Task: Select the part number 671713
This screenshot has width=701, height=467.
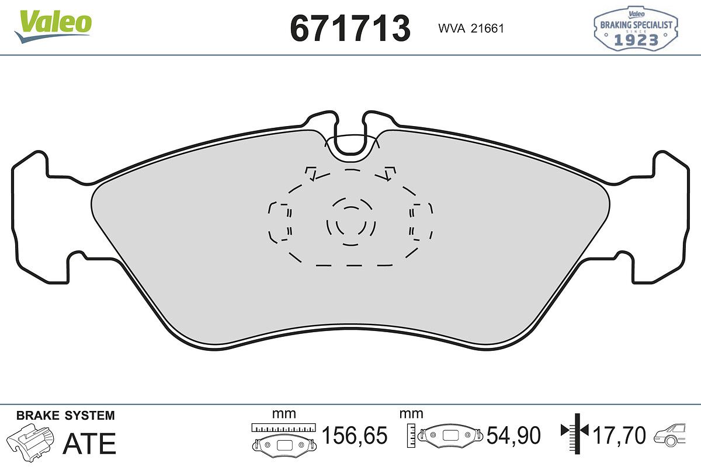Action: pos(350,29)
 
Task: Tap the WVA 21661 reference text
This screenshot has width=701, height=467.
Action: pos(471,29)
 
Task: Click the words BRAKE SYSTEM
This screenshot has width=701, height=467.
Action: pos(65,416)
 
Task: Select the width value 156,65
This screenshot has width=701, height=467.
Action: pos(355,435)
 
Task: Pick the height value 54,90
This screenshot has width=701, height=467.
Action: pos(513,435)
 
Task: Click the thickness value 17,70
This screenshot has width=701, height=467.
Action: pos(619,435)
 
